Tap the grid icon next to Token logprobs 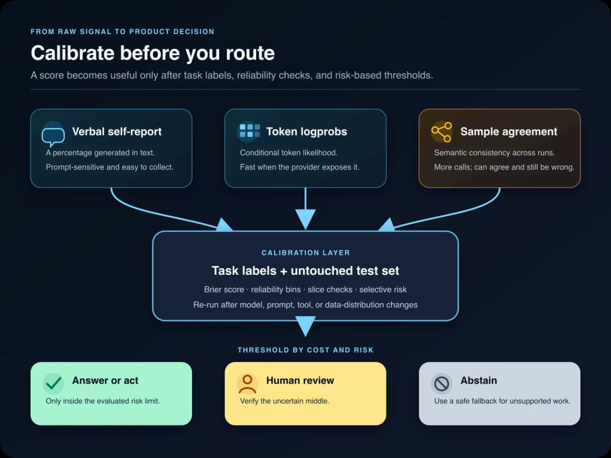coord(249,131)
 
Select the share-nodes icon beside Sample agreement coord(441,132)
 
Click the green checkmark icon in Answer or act coord(53,383)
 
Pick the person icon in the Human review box coord(247,384)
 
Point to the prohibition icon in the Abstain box coord(441,384)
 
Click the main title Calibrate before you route coord(153,53)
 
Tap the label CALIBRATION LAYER coord(305,253)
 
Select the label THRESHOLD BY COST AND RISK coord(305,350)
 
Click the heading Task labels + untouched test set coord(305,271)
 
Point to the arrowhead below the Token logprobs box coord(305,220)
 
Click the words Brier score coord(224,290)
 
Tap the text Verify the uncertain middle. coord(285,401)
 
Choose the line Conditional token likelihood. coord(289,153)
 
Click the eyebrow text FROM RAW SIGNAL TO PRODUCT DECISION coord(123,32)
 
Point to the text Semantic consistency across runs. coord(494,153)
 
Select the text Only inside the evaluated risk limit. coord(103,401)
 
